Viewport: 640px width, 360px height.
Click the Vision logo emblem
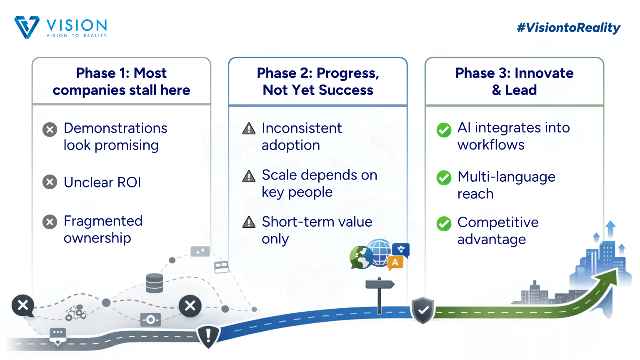27,27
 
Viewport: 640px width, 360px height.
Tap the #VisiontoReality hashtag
568,27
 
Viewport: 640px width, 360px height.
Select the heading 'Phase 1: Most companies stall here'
121,82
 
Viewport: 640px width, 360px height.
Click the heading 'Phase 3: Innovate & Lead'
514,82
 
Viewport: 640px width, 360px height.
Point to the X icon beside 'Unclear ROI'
50,182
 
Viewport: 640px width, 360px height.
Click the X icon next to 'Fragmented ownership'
50,222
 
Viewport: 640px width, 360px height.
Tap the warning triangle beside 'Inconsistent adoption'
249,129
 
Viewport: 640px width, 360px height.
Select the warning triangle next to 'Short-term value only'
249,222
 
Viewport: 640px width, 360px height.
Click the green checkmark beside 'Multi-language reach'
444,178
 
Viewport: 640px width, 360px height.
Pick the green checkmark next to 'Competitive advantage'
444,224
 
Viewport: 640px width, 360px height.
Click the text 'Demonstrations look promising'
115,137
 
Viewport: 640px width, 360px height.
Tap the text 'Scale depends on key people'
319,183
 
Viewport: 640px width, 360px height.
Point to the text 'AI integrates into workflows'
513,136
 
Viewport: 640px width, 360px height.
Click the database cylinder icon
155,283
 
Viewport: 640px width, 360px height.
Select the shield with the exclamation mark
208,335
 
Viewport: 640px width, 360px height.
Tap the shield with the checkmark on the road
423,310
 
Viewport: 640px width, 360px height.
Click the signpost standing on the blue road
379,294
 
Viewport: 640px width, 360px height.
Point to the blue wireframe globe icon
379,252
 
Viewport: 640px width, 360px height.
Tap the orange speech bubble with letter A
395,263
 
